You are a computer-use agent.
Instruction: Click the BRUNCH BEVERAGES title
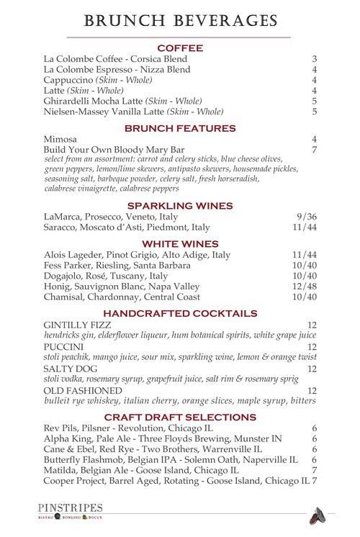pyautogui.click(x=180, y=20)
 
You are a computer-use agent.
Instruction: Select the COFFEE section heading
pyautogui.click(x=180, y=48)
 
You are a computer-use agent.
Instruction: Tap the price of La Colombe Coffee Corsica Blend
pyautogui.click(x=315, y=59)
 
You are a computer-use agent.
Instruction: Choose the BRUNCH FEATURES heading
pyautogui.click(x=180, y=128)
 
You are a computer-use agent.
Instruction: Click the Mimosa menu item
pyautogui.click(x=60, y=139)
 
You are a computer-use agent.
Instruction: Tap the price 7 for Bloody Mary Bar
pyautogui.click(x=315, y=150)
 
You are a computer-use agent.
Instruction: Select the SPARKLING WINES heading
pyautogui.click(x=180, y=205)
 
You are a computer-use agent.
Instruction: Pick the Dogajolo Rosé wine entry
pyautogui.click(x=106, y=276)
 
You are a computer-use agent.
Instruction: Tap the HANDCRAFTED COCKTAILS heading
pyautogui.click(x=180, y=314)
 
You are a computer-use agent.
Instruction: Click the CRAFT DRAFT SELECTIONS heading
pyautogui.click(x=180, y=417)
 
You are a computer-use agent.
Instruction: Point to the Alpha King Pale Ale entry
pyautogui.click(x=163, y=438)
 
